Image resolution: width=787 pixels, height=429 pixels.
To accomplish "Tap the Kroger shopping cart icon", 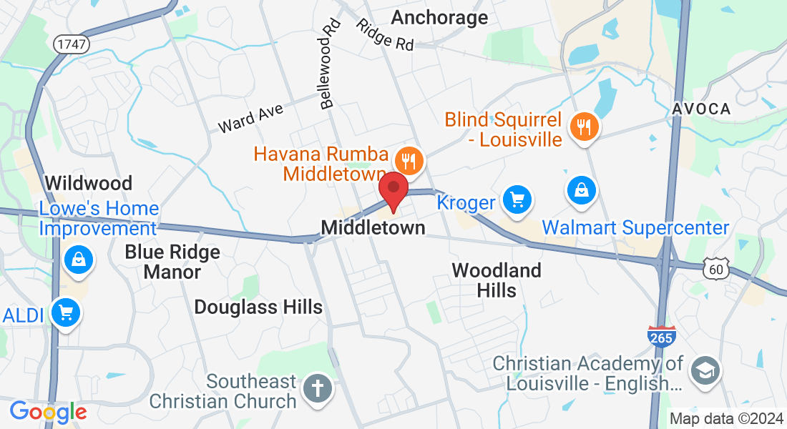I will tap(517, 199).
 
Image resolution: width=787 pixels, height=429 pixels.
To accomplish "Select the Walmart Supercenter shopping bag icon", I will tap(582, 190).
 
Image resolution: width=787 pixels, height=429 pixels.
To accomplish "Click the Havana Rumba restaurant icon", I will tap(409, 161).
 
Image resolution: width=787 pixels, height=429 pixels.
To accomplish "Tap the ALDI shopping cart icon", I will tap(66, 312).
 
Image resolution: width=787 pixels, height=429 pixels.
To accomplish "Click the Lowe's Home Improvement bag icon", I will tap(77, 260).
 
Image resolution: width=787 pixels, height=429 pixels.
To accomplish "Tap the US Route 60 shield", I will tap(717, 270).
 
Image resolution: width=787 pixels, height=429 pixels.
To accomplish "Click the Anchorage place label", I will tap(440, 17).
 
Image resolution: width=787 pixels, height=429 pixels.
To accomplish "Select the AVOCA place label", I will tap(701, 109).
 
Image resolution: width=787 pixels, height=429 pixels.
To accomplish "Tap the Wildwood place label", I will tap(89, 183).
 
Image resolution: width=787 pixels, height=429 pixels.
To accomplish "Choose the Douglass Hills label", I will tap(259, 307).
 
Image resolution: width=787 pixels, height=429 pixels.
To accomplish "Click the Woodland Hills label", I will tap(497, 280).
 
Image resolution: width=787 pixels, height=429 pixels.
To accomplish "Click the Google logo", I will tap(48, 412).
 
